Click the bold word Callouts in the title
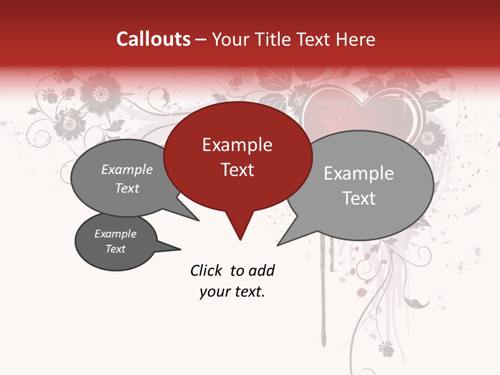click(153, 39)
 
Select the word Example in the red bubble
click(237, 145)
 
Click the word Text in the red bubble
click(237, 169)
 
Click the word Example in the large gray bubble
click(358, 173)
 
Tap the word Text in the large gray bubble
click(359, 198)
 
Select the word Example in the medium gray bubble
click(127, 169)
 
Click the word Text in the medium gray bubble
click(127, 188)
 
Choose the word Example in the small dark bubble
click(116, 234)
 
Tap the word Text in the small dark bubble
click(116, 249)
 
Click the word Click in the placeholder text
click(207, 270)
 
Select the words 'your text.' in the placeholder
click(232, 292)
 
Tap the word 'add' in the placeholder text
click(261, 270)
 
